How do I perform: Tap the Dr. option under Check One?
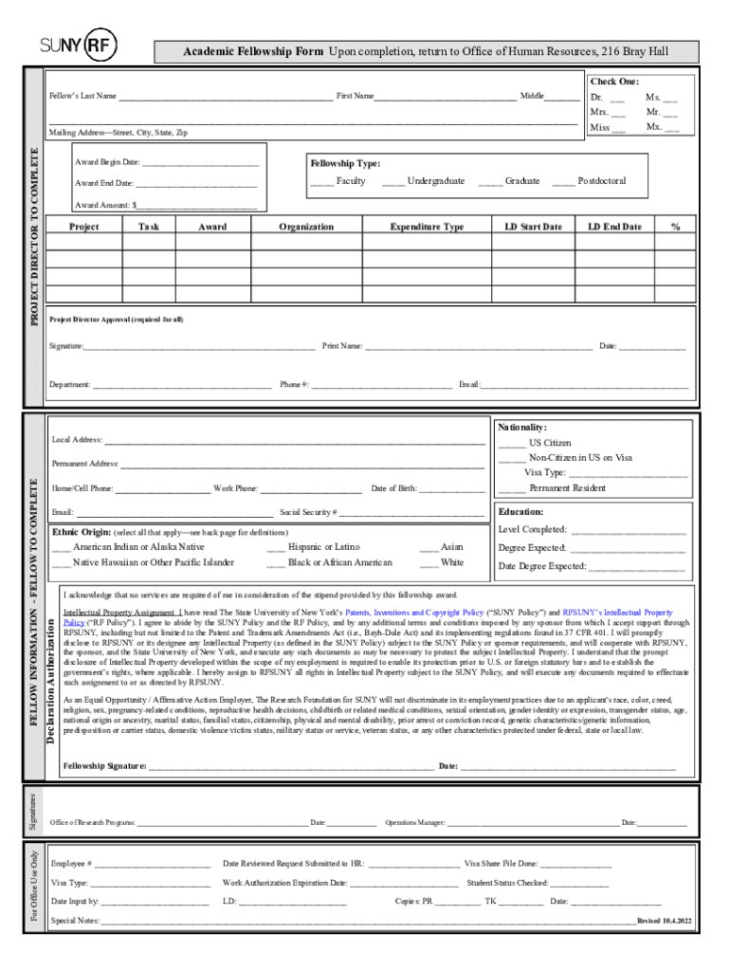[x=616, y=98]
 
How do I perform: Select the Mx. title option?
[x=671, y=127]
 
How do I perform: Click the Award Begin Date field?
[x=199, y=162]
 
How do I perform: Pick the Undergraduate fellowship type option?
[x=393, y=181]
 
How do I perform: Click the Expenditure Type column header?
[x=427, y=227]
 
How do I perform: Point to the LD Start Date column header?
[x=533, y=227]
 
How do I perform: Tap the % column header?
[x=675, y=227]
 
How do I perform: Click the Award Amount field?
[x=198, y=205]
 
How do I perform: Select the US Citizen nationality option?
[x=512, y=443]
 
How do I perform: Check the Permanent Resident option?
[x=512, y=488]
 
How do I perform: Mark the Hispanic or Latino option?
[x=276, y=547]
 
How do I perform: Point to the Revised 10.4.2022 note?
[x=665, y=921]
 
